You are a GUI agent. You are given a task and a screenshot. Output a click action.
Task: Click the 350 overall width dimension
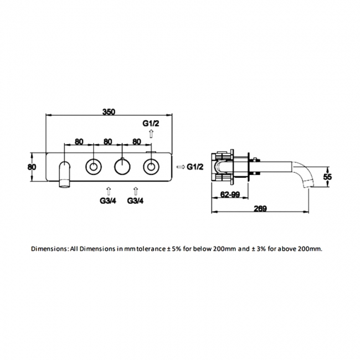pyautogui.click(x=109, y=111)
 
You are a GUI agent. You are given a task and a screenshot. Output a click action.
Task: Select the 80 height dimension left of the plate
pyautogui.click(x=32, y=166)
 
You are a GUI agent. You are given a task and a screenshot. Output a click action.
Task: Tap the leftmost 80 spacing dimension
pyautogui.click(x=79, y=141)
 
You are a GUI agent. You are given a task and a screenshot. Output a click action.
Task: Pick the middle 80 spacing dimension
pyautogui.click(x=108, y=141)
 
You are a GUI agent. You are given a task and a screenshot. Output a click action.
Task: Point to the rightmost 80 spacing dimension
pyautogui.click(x=136, y=141)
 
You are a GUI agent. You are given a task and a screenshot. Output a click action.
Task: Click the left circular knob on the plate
pyautogui.click(x=93, y=166)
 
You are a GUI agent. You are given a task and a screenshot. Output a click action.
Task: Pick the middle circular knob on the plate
pyautogui.click(x=122, y=166)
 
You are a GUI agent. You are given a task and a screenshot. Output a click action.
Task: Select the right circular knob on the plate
pyautogui.click(x=151, y=166)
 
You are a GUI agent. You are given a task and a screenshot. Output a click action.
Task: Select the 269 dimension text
pyautogui.click(x=260, y=209)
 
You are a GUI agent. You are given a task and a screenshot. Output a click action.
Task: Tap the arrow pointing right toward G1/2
pyautogui.click(x=181, y=166)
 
